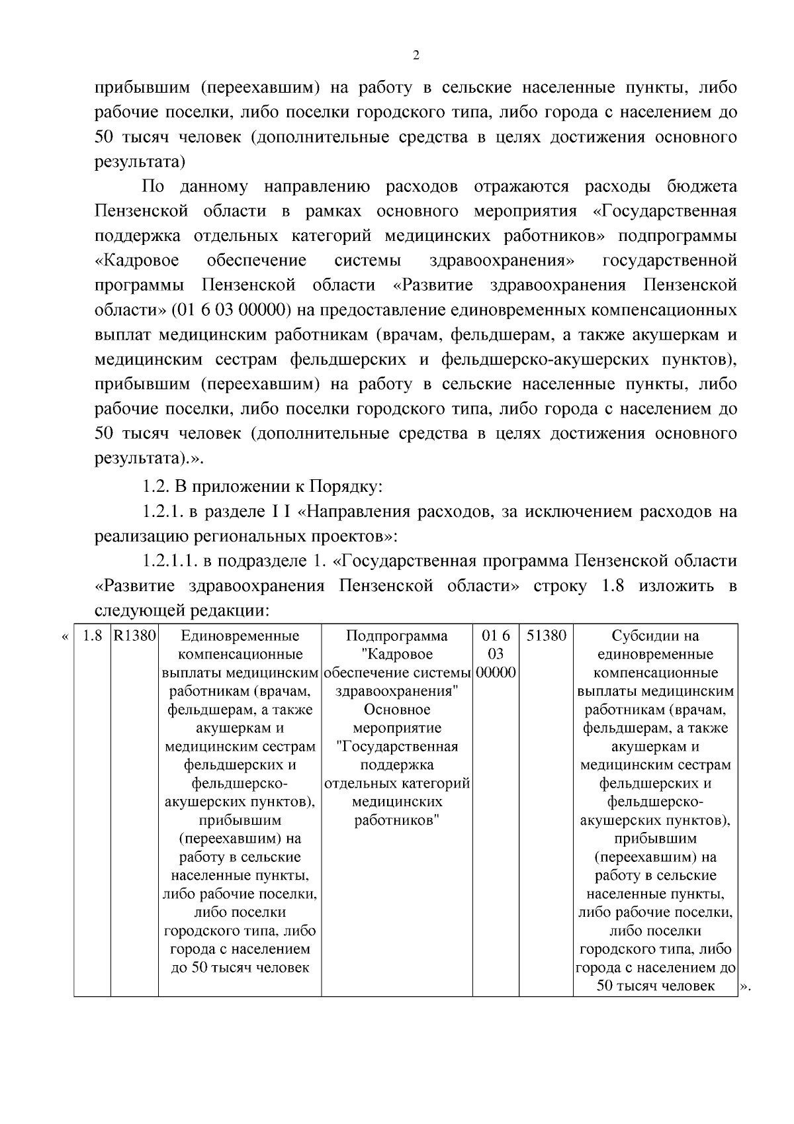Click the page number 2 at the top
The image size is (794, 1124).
coord(416,56)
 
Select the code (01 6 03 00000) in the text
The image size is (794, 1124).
coord(232,310)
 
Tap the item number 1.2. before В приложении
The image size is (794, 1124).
coord(155,487)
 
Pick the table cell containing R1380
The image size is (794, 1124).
coord(134,636)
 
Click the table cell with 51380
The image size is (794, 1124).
coord(547,636)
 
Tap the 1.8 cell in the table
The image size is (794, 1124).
coord(92,636)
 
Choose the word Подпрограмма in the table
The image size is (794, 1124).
coord(397,636)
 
